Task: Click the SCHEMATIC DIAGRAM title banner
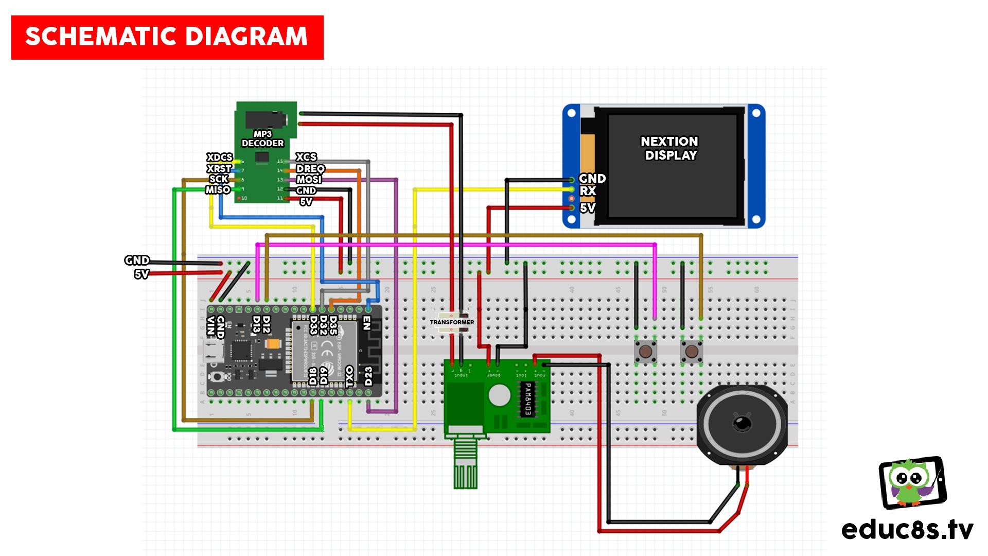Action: [167, 37]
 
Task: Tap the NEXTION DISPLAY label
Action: [669, 148]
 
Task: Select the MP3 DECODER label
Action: [262, 138]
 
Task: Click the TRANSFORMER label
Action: [452, 322]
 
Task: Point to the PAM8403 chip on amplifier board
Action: [526, 399]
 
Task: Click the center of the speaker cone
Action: [742, 424]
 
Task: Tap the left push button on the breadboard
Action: [645, 352]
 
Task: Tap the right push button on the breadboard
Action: [692, 352]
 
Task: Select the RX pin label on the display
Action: [588, 191]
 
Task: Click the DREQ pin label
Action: [310, 168]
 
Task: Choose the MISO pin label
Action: [218, 190]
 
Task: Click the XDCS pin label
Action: [219, 157]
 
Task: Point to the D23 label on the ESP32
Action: [368, 376]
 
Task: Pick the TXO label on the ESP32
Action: [350, 376]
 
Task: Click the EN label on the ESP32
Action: [367, 323]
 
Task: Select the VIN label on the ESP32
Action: [210, 326]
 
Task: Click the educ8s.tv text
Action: [907, 529]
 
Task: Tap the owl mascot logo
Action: [912, 482]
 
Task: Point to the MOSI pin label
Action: [309, 179]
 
